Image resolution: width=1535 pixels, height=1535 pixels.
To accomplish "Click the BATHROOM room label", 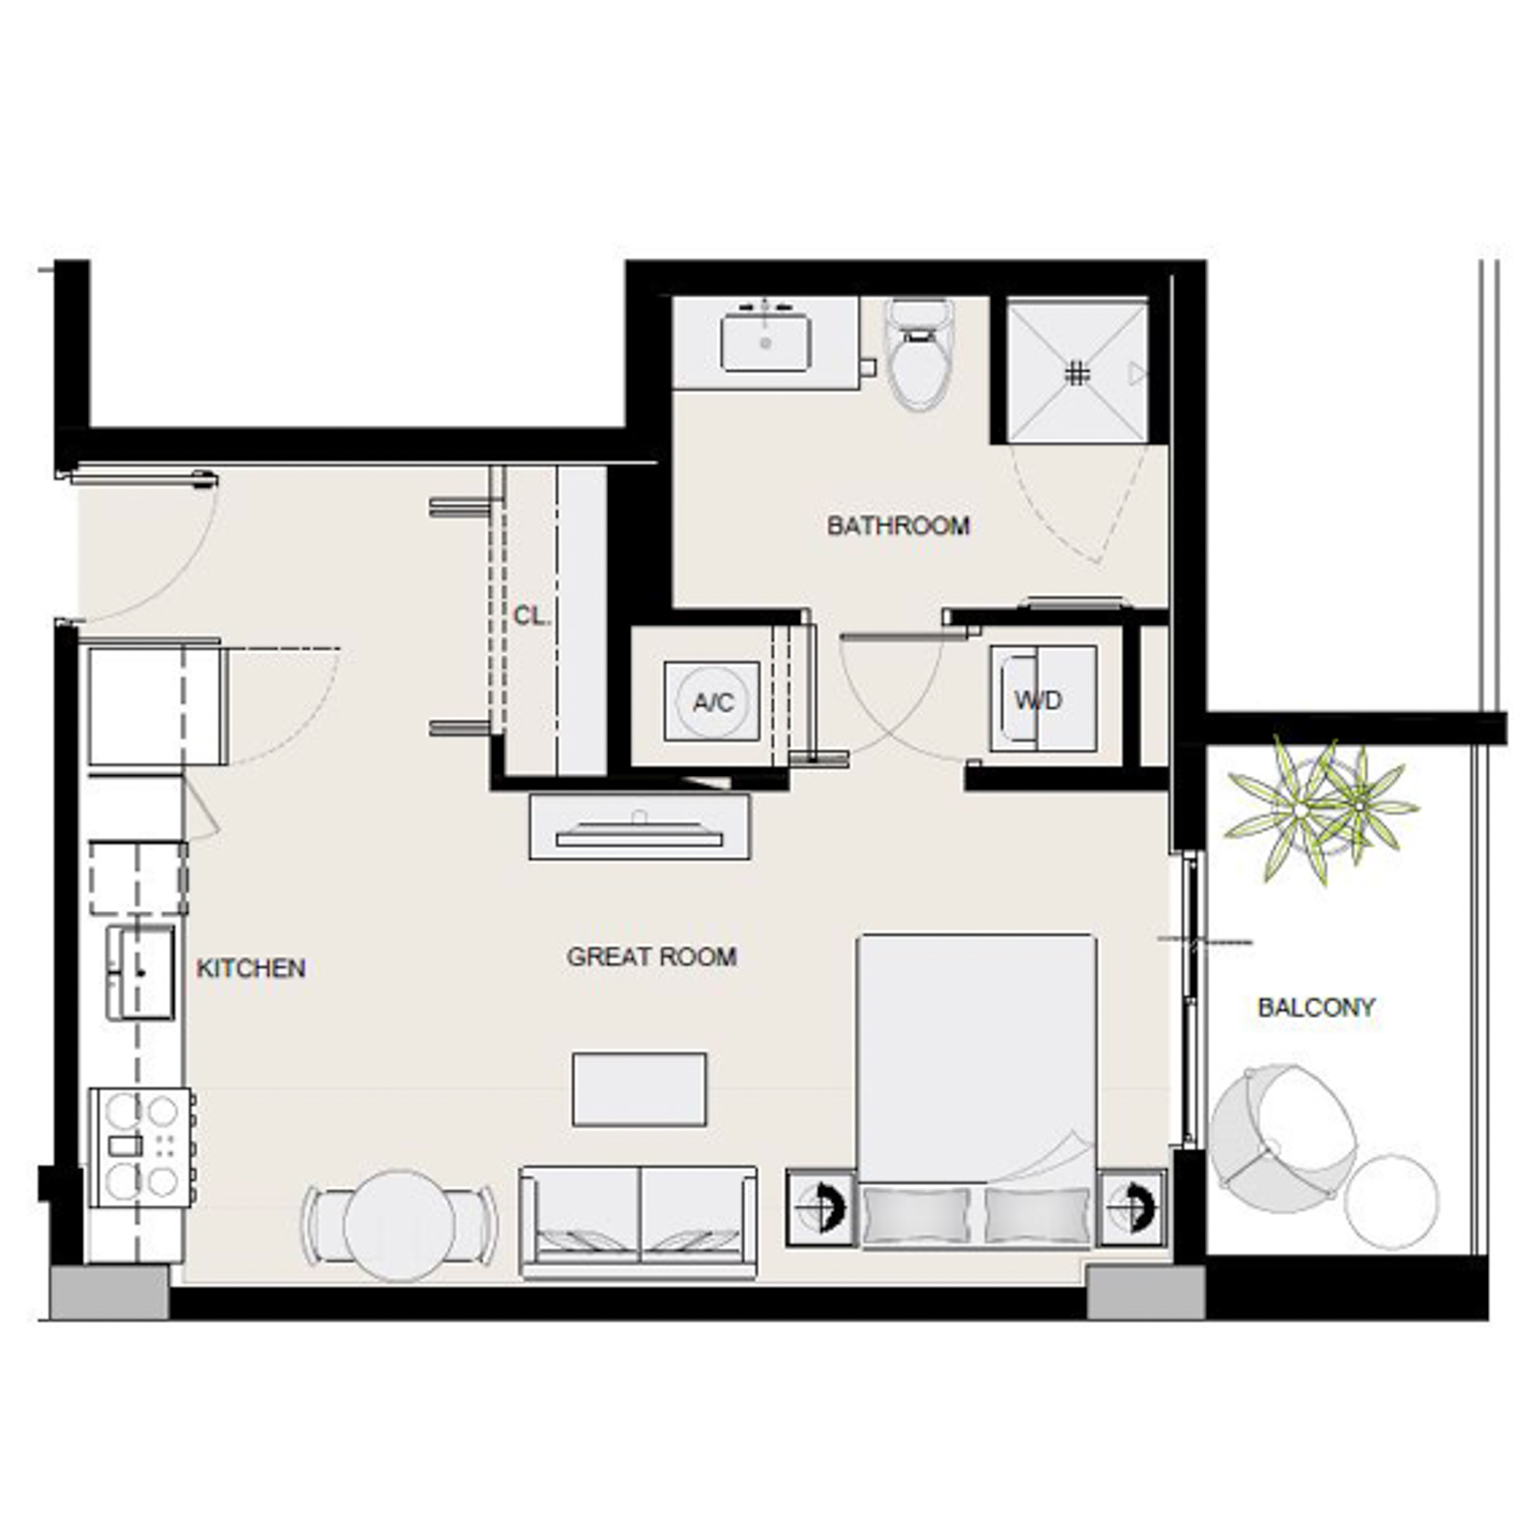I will click(x=898, y=525).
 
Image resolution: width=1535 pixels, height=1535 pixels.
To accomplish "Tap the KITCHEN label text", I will click(x=251, y=968).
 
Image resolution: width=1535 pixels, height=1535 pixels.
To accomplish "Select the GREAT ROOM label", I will click(x=652, y=957).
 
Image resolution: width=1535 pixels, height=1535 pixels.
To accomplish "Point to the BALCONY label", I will click(x=1316, y=1007).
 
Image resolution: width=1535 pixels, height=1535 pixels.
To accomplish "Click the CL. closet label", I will click(x=531, y=616).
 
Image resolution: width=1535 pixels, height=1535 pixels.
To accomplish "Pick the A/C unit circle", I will click(x=712, y=702).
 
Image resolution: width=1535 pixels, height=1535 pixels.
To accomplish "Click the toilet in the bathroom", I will click(x=918, y=358).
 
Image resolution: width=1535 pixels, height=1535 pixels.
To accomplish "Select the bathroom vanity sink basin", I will click(x=765, y=342).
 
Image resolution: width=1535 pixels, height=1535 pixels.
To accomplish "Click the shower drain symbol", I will click(x=1077, y=374).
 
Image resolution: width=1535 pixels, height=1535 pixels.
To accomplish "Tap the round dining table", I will click(x=399, y=1226).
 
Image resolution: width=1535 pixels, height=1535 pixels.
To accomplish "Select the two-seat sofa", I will click(x=638, y=1221).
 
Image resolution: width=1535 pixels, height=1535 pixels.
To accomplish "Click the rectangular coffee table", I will click(x=639, y=1089).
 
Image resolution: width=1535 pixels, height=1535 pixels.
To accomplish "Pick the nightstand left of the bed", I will click(x=820, y=1208).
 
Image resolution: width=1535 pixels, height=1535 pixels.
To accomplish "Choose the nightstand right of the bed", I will click(x=1132, y=1208).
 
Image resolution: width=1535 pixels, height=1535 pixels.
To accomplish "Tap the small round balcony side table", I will click(x=1391, y=1202).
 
